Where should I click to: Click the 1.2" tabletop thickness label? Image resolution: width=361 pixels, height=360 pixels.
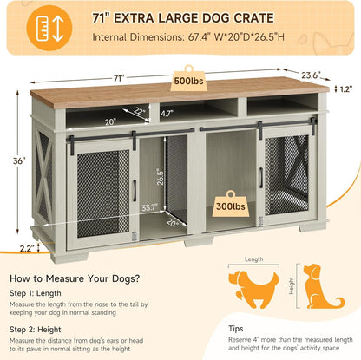tap(347, 88)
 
